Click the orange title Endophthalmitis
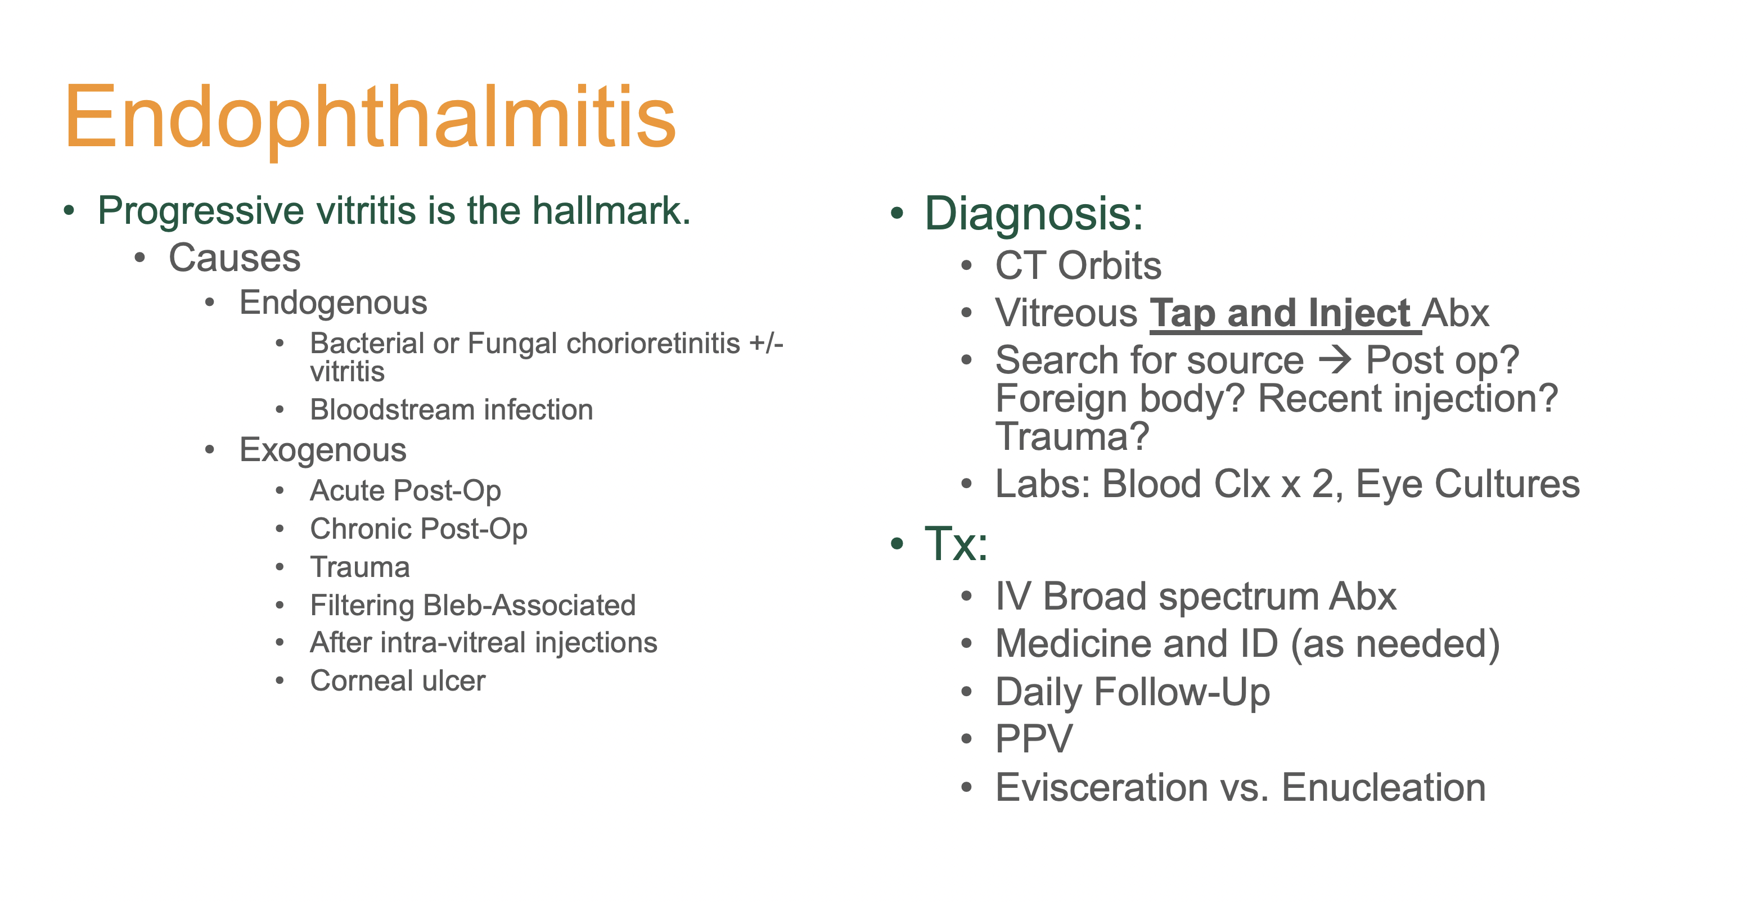370,119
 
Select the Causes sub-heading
234,258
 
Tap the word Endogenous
333,303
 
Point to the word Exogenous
323,450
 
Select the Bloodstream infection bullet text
451,410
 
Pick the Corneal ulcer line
398,681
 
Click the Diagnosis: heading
1034,214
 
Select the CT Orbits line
1078,265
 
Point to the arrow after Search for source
1334,360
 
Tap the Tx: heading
956,544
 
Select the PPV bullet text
1034,739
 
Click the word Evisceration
1102,787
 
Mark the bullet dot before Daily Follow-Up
967,692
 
